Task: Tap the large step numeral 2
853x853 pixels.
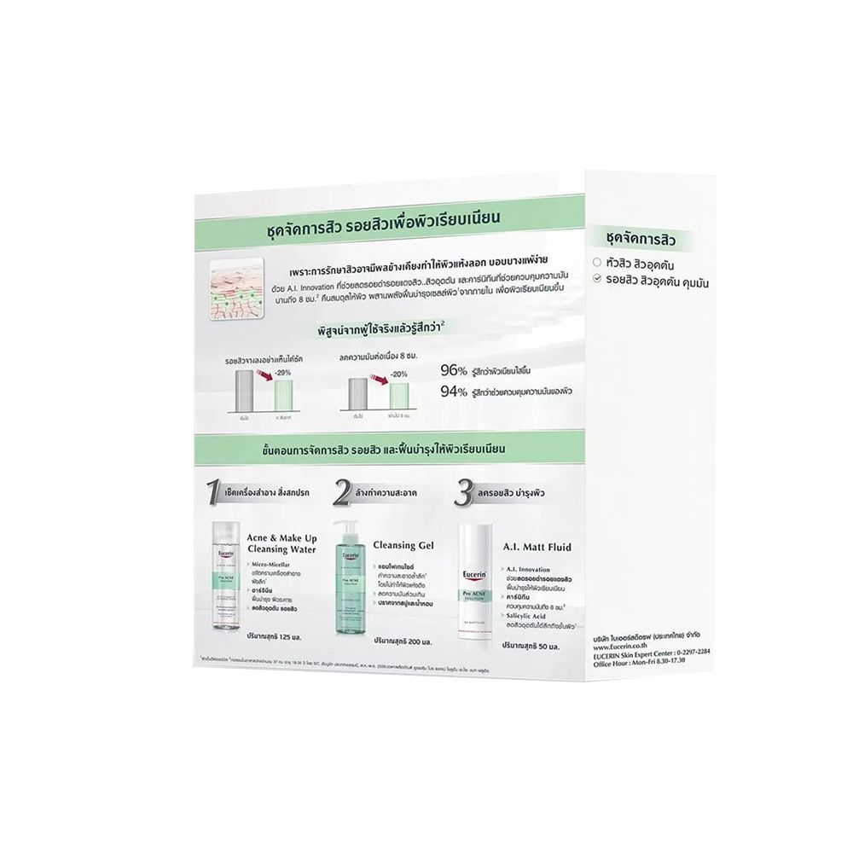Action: pos(343,492)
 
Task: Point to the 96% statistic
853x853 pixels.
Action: pos(453,370)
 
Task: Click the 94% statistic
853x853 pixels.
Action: pos(453,392)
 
